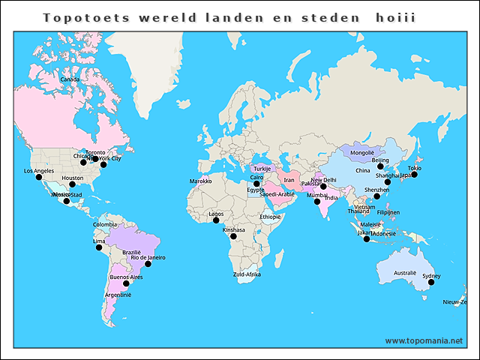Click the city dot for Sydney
tap(431, 282)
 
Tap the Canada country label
tap(70, 79)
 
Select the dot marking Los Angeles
tap(39, 177)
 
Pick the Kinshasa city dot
tap(233, 236)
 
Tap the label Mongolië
tap(361, 153)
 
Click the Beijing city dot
tap(380, 166)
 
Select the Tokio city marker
tap(414, 174)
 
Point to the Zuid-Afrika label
tap(247, 275)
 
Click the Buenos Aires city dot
tap(126, 283)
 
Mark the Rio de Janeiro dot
tap(148, 264)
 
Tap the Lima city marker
tap(100, 247)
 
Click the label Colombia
tap(105, 224)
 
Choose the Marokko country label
tap(200, 181)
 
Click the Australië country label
tap(405, 272)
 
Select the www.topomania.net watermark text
tap(424, 340)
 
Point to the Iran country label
tap(289, 180)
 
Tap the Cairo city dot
tap(256, 183)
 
